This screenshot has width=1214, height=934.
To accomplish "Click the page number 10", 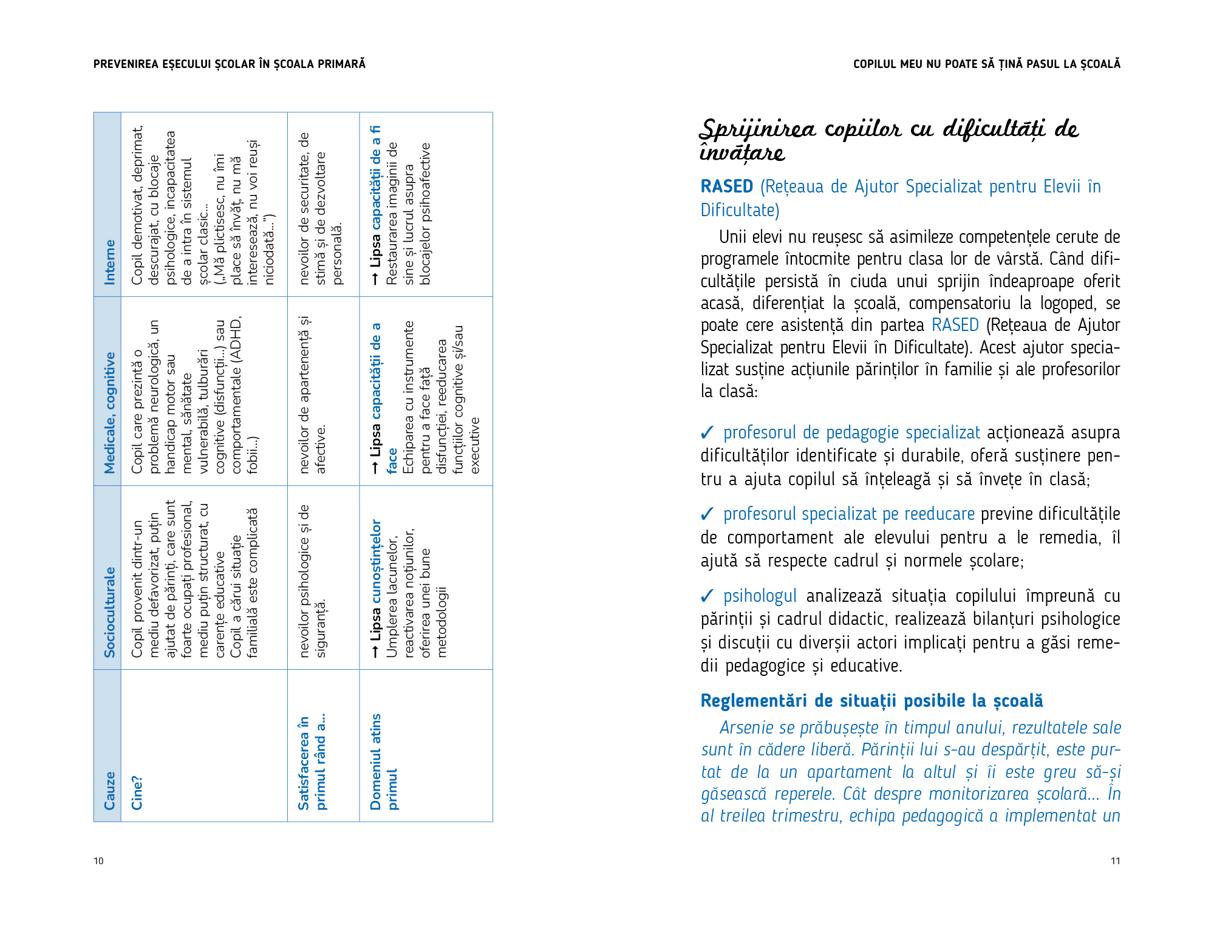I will [98, 861].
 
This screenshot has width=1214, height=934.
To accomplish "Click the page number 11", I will [1115, 861].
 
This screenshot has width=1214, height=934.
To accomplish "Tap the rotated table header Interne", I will [109, 262].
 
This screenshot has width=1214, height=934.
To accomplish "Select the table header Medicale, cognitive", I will [109, 412].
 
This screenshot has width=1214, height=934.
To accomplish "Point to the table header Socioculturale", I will [109, 612].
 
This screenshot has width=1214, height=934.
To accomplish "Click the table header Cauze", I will [109, 791].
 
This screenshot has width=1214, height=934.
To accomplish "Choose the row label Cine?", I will [137, 793].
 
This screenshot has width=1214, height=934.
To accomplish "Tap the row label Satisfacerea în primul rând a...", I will [312, 763].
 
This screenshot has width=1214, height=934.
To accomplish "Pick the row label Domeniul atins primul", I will [384, 762].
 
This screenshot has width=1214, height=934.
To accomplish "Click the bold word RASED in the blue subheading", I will [726, 186].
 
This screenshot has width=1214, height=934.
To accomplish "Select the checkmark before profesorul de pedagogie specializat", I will [707, 433].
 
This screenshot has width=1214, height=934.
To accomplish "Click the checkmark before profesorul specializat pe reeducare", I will [707, 514].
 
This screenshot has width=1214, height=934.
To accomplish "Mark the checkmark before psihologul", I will [707, 596].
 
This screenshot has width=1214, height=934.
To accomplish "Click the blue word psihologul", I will [760, 596].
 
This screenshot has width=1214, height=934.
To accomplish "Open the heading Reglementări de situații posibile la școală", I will [871, 701].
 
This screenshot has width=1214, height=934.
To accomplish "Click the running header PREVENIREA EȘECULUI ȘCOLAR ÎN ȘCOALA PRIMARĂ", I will [230, 64].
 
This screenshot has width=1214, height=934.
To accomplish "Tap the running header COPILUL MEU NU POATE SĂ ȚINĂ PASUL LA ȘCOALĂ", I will [986, 64].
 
